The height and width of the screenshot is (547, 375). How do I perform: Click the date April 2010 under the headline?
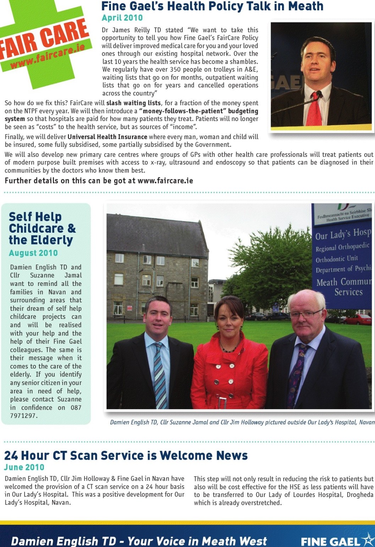122,18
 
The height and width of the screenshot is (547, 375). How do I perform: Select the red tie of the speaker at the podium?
314,109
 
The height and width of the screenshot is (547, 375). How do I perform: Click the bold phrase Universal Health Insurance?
107,137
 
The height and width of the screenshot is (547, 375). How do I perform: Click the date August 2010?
33,253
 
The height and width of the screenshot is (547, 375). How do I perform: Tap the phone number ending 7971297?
23,416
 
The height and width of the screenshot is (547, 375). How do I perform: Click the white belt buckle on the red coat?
222,403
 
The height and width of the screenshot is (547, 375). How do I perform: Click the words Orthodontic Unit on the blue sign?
337,259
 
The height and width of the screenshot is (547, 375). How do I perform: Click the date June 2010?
24,468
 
